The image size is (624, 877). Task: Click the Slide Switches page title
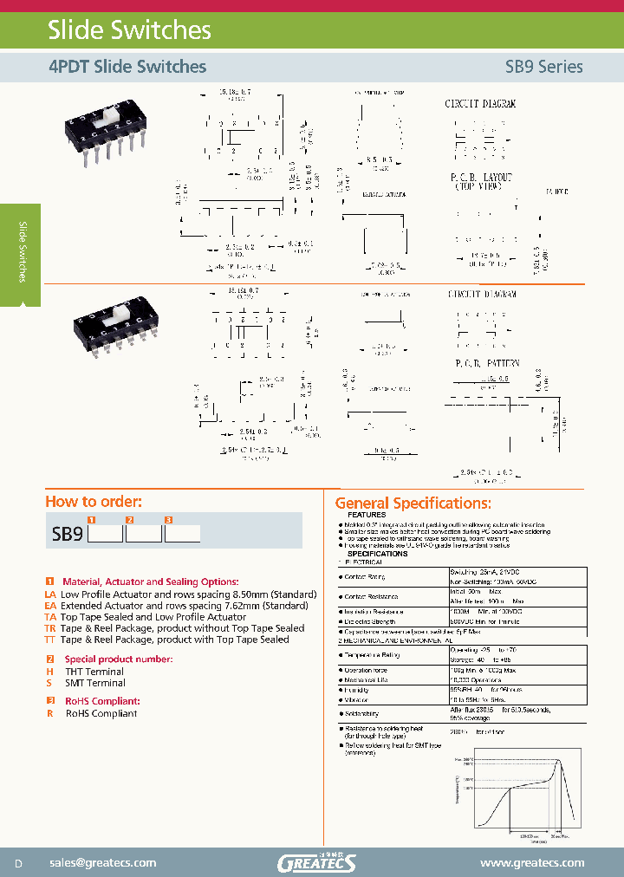pyautogui.click(x=128, y=30)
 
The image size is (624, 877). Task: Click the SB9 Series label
pyautogui.click(x=543, y=67)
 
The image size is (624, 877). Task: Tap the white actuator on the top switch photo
pyautogui.click(x=112, y=114)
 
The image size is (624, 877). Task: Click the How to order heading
pyautogui.click(x=93, y=501)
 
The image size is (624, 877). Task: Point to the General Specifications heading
pyautogui.click(x=413, y=503)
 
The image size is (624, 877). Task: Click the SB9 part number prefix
pyautogui.click(x=67, y=535)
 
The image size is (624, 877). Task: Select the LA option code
pyautogui.click(x=50, y=594)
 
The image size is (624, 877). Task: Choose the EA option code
pyautogui.click(x=50, y=606)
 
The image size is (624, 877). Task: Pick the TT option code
pyautogui.click(x=50, y=640)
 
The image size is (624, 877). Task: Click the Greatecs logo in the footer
pyautogui.click(x=317, y=861)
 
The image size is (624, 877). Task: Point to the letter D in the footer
pyautogui.click(x=18, y=863)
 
